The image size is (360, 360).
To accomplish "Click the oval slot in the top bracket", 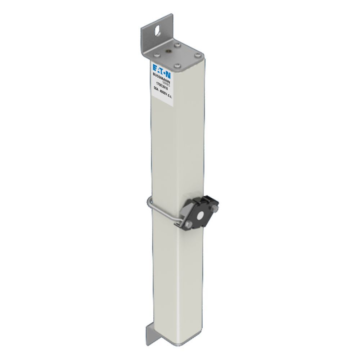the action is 158,31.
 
